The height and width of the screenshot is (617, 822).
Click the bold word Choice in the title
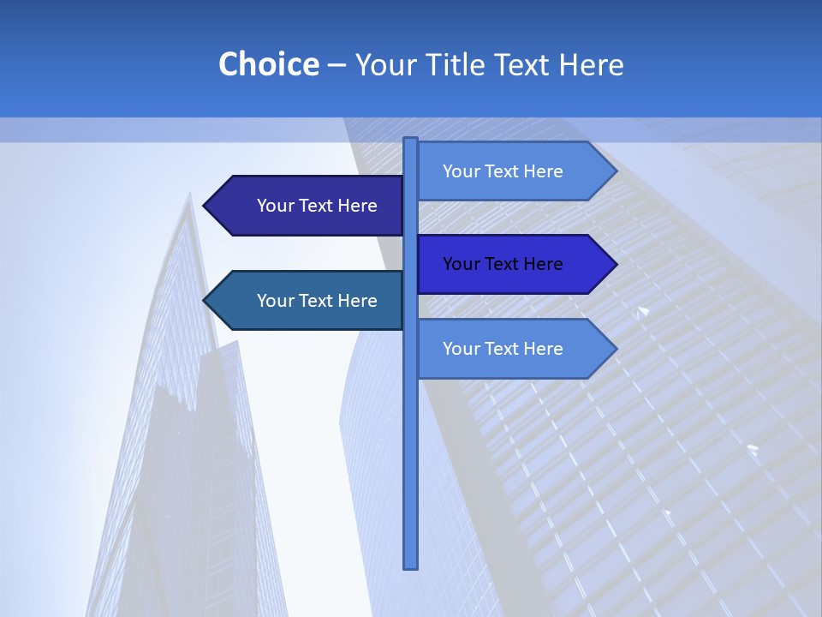pos(268,64)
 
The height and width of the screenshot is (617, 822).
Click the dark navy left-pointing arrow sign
pos(304,206)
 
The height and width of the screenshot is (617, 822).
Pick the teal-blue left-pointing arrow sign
pos(304,301)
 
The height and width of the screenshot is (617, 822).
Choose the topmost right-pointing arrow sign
pos(514,171)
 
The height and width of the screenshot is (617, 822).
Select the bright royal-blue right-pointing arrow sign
pos(514,264)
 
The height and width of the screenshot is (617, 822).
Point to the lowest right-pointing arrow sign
pos(514,349)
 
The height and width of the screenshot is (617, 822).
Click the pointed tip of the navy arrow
pos(205,206)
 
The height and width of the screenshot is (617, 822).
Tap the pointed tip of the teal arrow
pos(205,301)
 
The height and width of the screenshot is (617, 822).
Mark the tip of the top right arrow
pos(615,171)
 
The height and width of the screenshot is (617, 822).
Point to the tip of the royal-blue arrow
pos(615,264)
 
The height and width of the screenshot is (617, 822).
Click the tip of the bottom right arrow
pos(615,349)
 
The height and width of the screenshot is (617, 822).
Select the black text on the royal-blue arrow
pos(503,264)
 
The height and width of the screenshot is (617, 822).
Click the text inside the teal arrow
pos(317,301)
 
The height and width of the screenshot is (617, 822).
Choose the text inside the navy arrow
pos(317,206)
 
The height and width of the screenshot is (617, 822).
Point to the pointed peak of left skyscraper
pos(189,195)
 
